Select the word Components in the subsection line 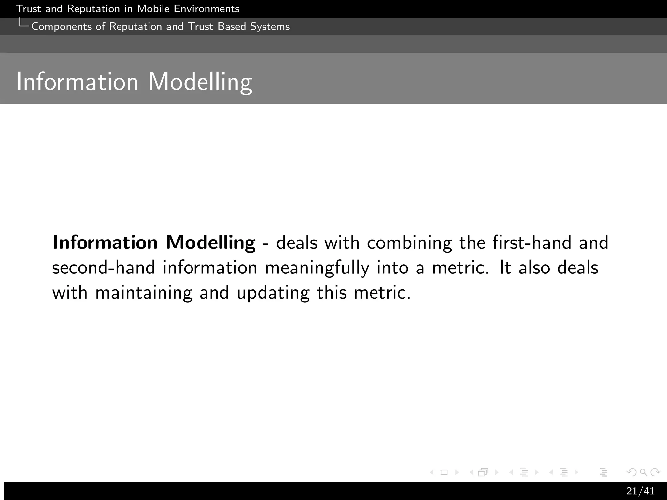61,26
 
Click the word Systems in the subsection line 270,26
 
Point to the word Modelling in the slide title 200,81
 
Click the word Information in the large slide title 77,81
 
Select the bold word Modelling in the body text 210,243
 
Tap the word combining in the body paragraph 409,243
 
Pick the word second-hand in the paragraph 103,268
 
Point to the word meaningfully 317,268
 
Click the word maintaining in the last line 144,292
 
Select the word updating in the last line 273,292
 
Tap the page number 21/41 640,491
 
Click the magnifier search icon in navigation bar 643,472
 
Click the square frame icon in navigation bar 444,472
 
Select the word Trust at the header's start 28,9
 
